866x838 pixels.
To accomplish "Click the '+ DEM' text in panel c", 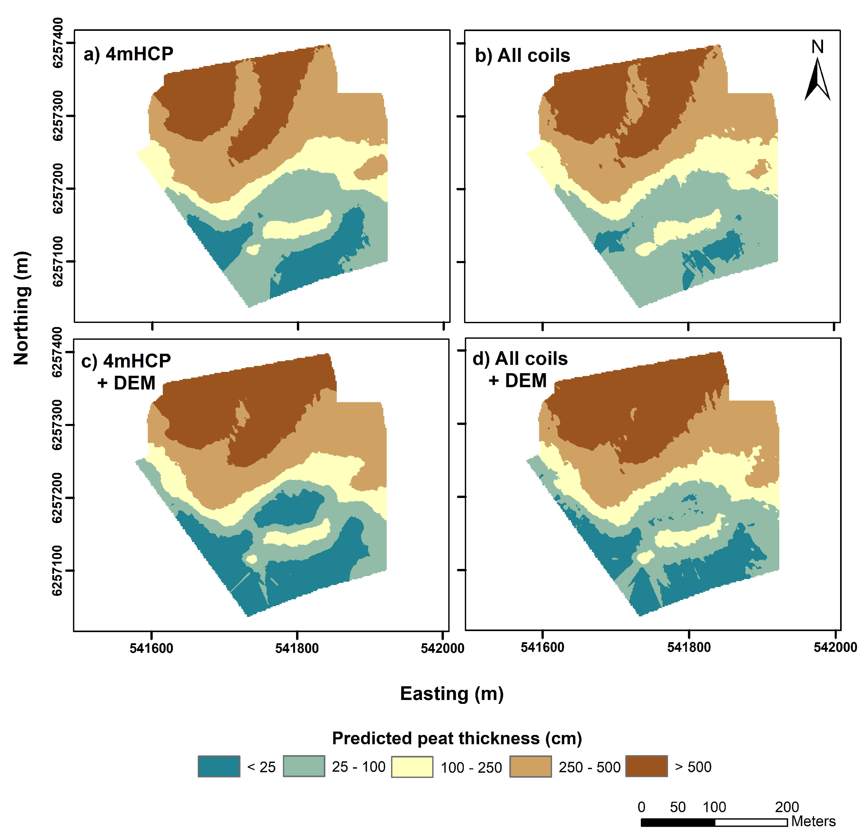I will pyautogui.click(x=126, y=383).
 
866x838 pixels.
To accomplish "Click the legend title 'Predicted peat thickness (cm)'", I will pyautogui.click(x=457, y=738).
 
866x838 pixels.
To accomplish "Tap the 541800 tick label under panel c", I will pyautogui.click(x=297, y=648).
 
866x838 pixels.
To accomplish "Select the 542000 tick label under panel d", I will pyautogui.click(x=835, y=647).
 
